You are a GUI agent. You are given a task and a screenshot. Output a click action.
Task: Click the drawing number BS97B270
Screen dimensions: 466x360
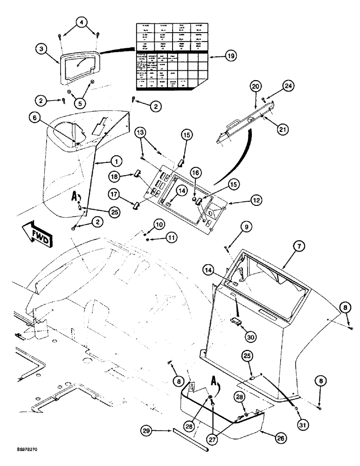[x=16, y=458]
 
